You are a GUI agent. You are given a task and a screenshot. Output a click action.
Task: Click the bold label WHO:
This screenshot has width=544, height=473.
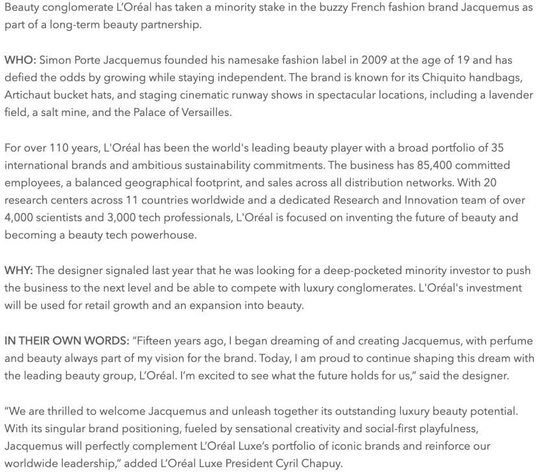click(20, 60)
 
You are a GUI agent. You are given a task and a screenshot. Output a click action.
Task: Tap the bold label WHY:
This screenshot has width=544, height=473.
click(19, 270)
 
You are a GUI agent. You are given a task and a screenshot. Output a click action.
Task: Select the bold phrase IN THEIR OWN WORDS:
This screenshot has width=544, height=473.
click(66, 341)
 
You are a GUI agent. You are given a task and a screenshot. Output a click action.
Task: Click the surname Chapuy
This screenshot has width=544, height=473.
click(322, 463)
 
